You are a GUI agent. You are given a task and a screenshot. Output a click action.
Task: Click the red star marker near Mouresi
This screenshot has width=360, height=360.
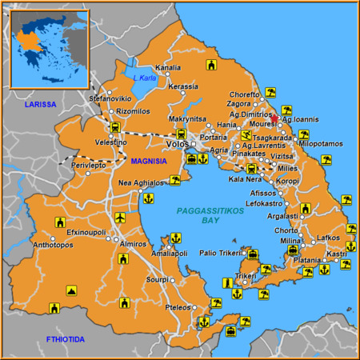[274, 118]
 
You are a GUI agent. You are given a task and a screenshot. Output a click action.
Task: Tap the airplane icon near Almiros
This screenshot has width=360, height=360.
[120, 218]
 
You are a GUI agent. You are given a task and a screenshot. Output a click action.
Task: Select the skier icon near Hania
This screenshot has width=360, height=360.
[246, 136]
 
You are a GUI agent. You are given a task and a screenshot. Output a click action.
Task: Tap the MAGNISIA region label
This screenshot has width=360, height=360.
[149, 161]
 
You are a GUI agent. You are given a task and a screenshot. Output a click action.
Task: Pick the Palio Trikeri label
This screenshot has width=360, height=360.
[221, 253]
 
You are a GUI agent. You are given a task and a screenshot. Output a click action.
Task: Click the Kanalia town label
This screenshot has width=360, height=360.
[167, 68]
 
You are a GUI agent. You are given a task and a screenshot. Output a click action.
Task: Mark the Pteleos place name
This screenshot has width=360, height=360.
[177, 307]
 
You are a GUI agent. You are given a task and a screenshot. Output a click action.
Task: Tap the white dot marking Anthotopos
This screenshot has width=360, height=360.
[54, 239]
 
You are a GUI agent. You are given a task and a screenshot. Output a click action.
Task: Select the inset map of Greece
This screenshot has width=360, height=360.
[50, 48]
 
